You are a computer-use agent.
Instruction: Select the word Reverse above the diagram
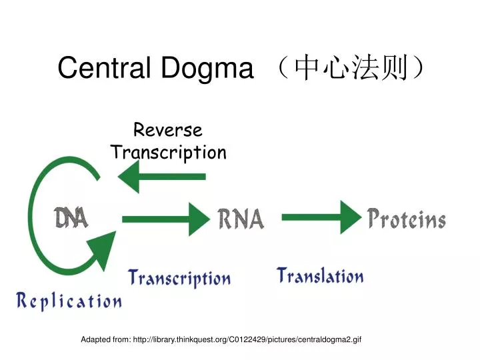coord(168,131)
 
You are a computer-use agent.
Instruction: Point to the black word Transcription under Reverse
coord(168,153)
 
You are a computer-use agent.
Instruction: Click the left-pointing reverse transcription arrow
coord(160,177)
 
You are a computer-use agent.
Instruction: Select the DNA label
coord(71,218)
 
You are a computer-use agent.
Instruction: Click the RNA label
coord(241,218)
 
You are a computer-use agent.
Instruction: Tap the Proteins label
coord(407,218)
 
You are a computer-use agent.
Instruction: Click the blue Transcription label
coord(179,277)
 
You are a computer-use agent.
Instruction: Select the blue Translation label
coord(320,275)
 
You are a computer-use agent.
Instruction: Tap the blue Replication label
coord(69,301)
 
